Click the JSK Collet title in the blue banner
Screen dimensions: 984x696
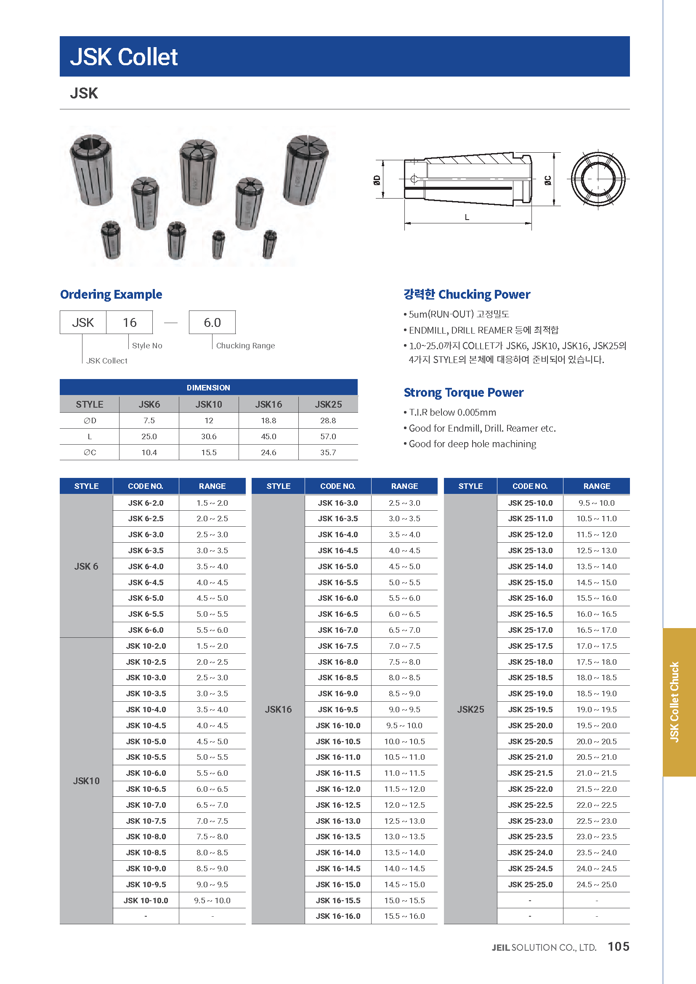124,57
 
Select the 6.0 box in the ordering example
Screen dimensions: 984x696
212,322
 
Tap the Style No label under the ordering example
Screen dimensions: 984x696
147,345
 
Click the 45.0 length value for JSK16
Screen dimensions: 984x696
268,436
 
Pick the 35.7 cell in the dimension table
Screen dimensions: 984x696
328,452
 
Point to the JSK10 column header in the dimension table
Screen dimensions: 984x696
209,404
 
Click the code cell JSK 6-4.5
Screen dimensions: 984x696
146,582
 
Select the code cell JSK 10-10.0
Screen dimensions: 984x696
146,900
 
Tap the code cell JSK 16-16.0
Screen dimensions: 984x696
338,916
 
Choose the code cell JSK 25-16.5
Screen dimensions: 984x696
530,614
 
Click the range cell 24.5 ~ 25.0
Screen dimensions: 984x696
597,884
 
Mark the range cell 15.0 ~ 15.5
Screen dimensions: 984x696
404,900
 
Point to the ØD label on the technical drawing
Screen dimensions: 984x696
377,180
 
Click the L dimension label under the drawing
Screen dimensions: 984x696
467,217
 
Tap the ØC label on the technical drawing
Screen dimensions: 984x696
548,180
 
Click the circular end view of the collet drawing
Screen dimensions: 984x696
598,179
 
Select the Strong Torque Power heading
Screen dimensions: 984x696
463,392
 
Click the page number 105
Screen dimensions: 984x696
619,946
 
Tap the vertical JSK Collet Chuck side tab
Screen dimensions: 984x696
675,702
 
